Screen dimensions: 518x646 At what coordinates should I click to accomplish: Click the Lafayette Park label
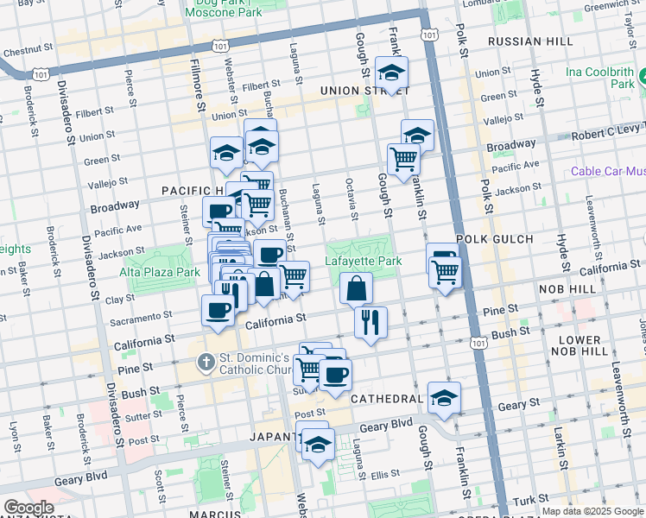[364, 261]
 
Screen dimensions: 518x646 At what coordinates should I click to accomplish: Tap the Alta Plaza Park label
[161, 272]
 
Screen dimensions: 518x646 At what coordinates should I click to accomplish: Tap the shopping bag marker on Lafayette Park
[356, 288]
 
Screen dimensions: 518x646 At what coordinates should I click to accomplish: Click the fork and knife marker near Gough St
[370, 323]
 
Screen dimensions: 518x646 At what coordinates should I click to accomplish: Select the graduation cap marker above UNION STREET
[391, 73]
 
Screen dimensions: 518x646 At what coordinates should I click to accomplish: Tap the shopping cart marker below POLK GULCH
[446, 272]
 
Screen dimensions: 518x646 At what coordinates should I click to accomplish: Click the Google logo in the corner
[28, 508]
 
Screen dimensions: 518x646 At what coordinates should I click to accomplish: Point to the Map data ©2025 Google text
[592, 511]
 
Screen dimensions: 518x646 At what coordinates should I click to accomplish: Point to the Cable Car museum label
[607, 171]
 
